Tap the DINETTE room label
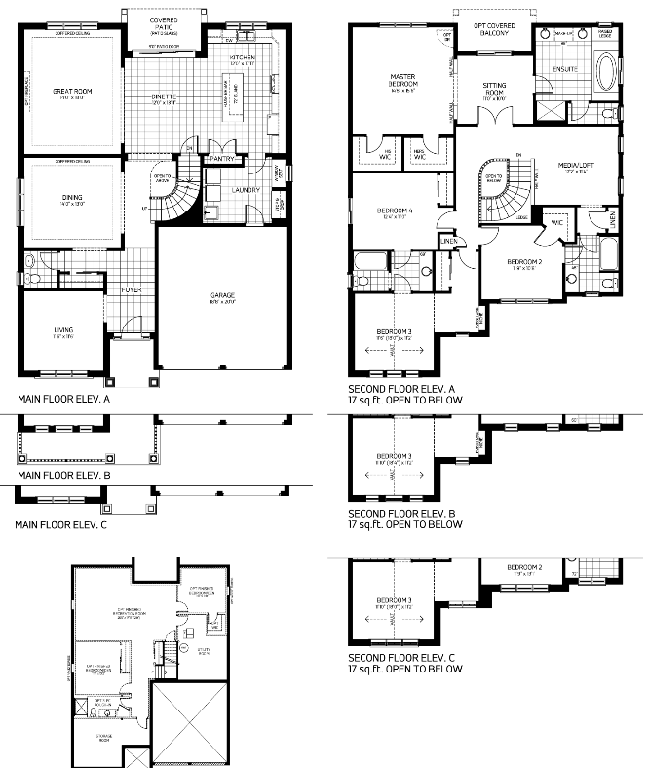click(163, 96)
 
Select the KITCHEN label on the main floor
click(243, 58)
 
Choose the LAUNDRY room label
click(244, 190)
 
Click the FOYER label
click(132, 290)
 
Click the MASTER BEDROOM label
click(403, 80)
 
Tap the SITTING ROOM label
click(494, 90)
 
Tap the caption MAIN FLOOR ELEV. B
click(64, 475)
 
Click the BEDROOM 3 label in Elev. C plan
click(396, 599)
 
